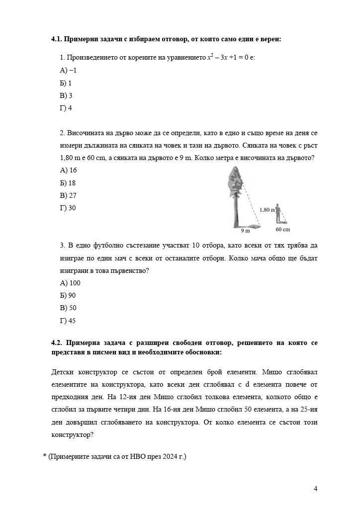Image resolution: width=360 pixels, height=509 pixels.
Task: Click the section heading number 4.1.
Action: click(x=57, y=38)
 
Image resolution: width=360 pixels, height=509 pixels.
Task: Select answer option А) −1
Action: click(x=68, y=70)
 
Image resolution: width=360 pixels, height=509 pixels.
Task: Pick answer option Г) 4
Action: click(x=66, y=108)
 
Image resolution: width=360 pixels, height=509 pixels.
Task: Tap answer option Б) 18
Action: click(x=68, y=183)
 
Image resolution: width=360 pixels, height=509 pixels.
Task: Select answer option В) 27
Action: click(x=68, y=195)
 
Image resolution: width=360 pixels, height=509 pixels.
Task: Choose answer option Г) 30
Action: click(x=68, y=208)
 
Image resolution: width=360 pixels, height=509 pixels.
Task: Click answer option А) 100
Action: click(x=70, y=283)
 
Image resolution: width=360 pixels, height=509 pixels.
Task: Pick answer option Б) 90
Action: click(x=68, y=295)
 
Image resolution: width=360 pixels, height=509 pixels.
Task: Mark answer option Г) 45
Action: click(x=68, y=321)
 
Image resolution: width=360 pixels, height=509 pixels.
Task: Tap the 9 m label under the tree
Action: click(x=245, y=231)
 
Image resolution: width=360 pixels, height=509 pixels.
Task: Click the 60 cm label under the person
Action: click(x=282, y=230)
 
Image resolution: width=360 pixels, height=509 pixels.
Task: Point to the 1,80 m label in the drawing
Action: click(x=267, y=210)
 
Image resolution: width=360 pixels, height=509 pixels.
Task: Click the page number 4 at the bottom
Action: click(x=315, y=488)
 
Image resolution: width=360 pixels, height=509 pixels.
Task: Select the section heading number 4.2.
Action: click(x=57, y=343)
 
